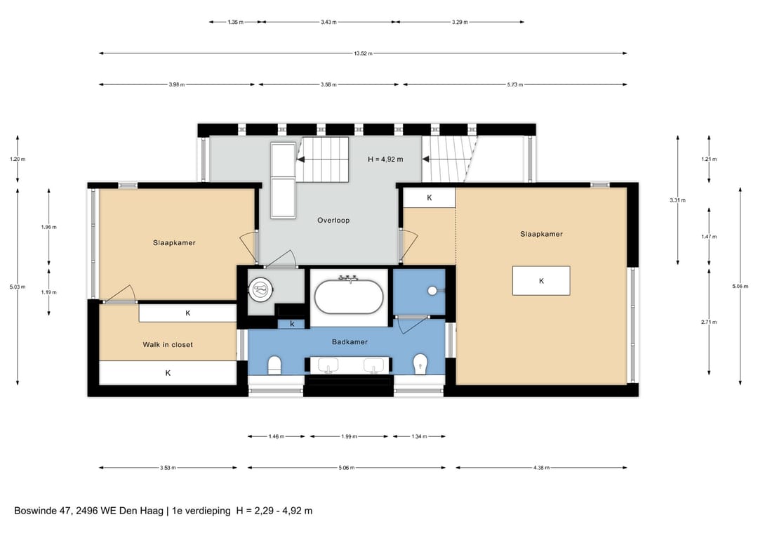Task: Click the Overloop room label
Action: tap(333, 220)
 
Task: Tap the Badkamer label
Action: tap(350, 342)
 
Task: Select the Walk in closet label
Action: tap(168, 345)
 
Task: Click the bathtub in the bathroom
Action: tap(349, 296)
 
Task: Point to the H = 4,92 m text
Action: tap(385, 159)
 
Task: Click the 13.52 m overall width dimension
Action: tap(363, 53)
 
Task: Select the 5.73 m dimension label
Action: tap(515, 85)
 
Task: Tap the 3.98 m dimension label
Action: tap(176, 85)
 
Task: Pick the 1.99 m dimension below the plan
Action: tap(349, 436)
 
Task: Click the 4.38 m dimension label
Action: tap(541, 468)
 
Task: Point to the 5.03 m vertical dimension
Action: tap(18, 287)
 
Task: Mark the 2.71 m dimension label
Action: tap(709, 322)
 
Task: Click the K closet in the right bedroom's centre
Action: tap(541, 280)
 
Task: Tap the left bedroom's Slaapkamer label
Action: tap(174, 243)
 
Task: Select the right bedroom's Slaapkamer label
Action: tap(541, 234)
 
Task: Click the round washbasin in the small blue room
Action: tap(432, 291)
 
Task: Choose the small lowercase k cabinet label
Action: tap(292, 324)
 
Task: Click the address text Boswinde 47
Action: tap(43, 511)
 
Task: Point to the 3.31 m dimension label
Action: tap(678, 200)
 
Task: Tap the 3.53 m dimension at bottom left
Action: tap(168, 468)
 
